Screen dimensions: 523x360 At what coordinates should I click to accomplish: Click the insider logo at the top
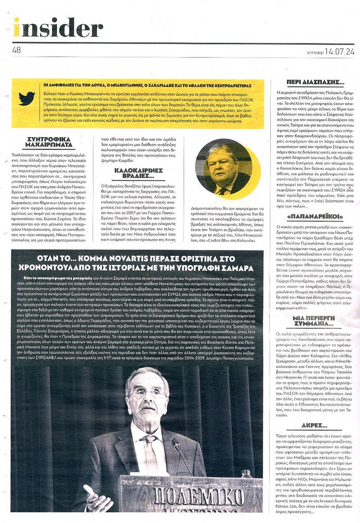tap(58, 27)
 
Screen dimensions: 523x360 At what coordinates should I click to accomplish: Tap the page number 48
tap(17, 50)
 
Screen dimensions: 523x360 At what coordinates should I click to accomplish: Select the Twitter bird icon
tap(27, 98)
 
